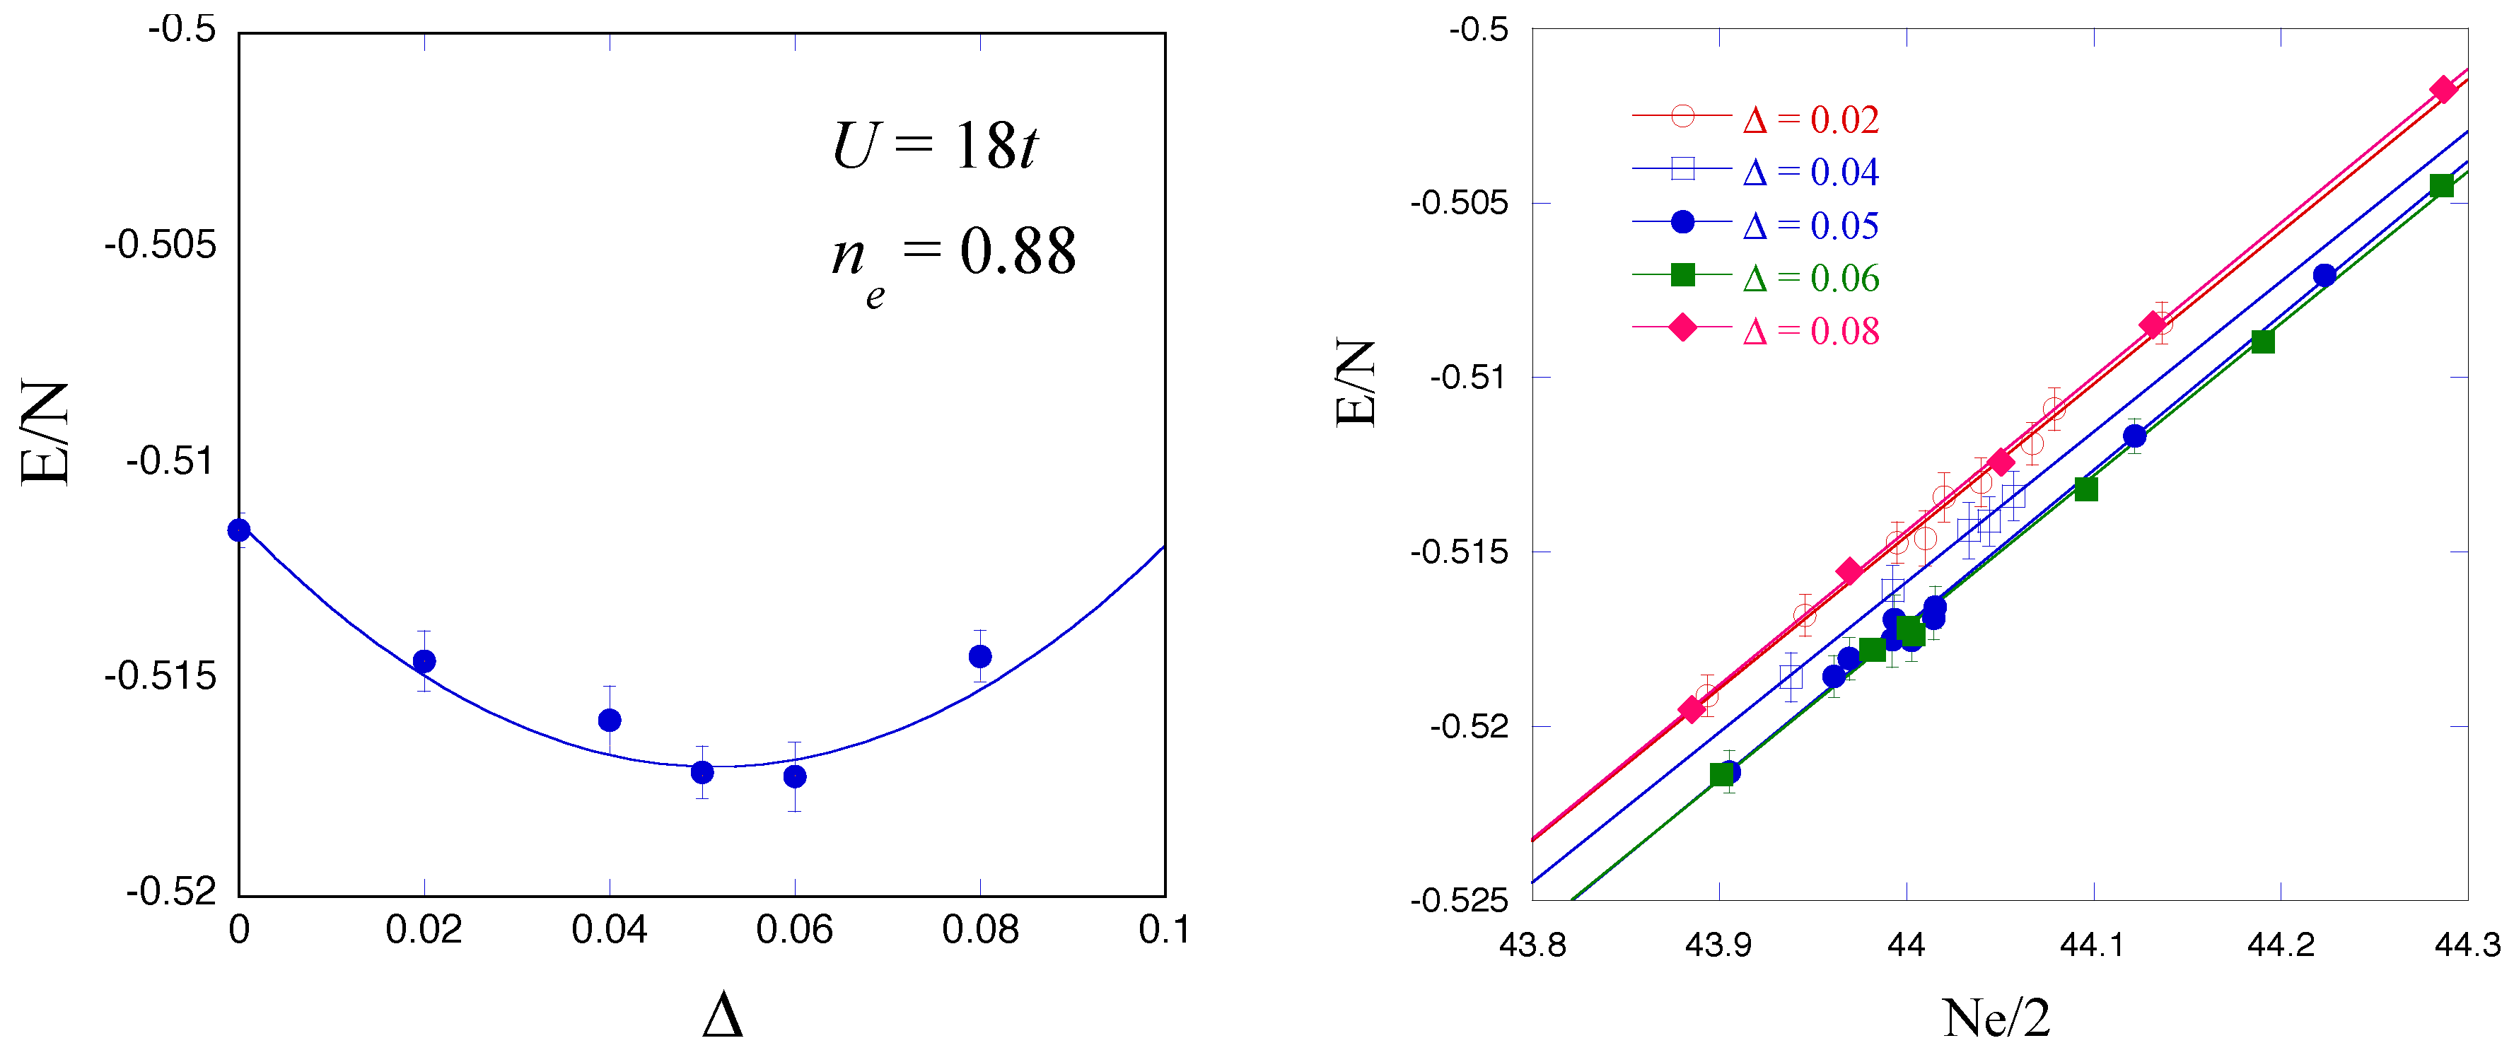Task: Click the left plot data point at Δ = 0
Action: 239,530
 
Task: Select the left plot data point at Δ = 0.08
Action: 980,655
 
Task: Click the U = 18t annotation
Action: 934,147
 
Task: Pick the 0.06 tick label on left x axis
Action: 794,930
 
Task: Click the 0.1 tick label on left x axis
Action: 1163,930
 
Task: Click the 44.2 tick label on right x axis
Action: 2280,945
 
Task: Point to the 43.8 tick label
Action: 1532,945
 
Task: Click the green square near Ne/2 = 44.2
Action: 2263,342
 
